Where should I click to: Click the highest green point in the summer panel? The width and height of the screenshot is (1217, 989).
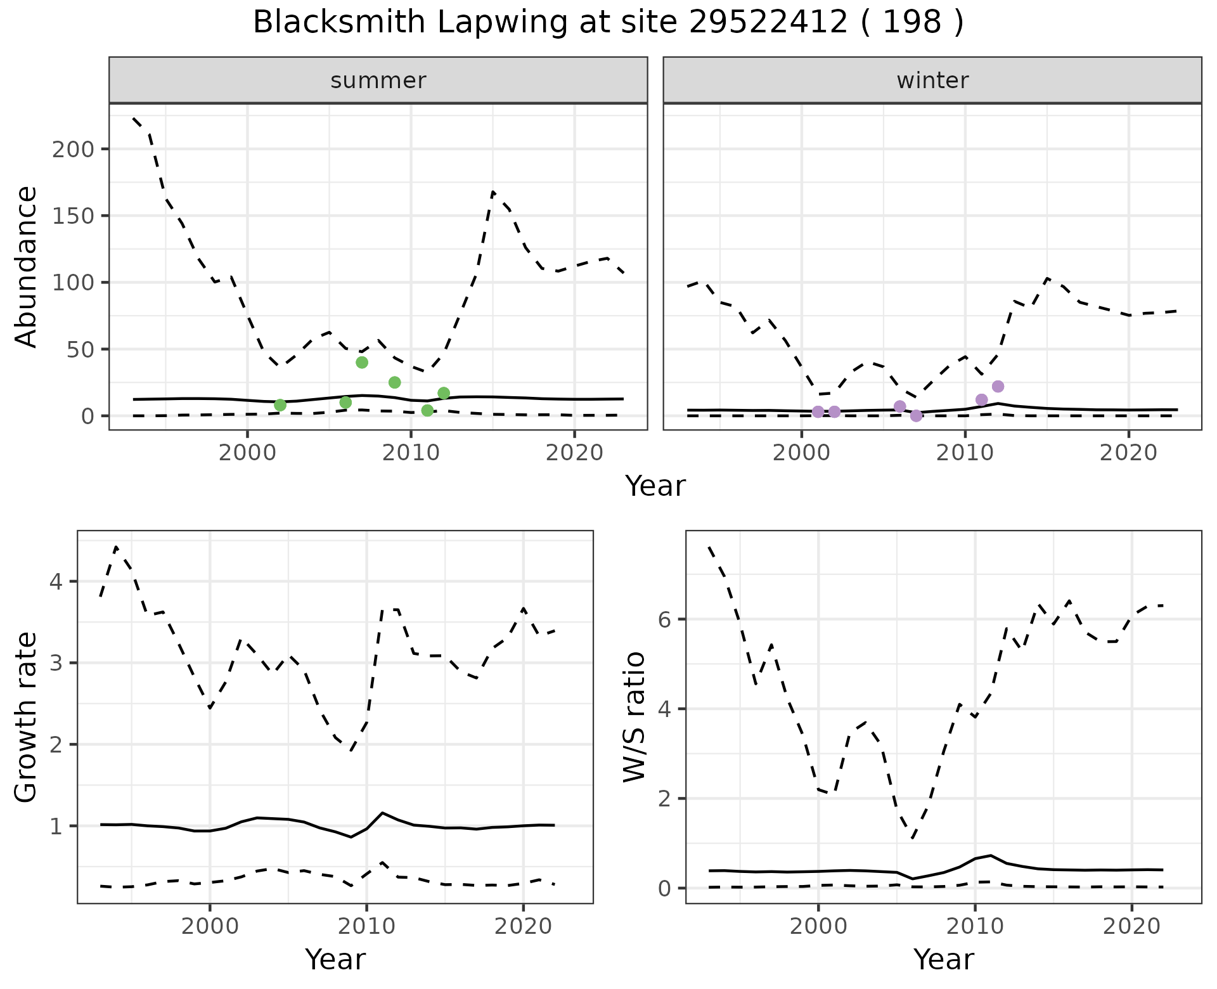click(362, 363)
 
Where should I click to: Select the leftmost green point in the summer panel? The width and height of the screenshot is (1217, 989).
click(280, 405)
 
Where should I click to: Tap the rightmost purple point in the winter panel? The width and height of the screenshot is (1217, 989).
click(998, 387)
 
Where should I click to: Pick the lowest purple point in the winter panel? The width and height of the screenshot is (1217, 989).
click(916, 416)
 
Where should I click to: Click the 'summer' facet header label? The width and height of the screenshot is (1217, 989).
click(378, 81)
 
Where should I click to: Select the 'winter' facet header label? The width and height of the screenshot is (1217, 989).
click(932, 81)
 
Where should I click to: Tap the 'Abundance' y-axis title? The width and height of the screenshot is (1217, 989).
click(27, 266)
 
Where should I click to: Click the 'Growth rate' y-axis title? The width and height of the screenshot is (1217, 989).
click(27, 717)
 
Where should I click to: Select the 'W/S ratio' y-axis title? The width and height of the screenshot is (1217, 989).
click(634, 717)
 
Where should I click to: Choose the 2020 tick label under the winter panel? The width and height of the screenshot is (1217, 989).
click(1128, 455)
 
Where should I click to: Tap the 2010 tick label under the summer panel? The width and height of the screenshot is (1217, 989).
click(411, 455)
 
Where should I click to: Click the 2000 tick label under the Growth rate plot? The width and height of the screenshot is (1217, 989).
click(210, 926)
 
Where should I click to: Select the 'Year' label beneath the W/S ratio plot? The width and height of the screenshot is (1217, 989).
click(943, 960)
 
